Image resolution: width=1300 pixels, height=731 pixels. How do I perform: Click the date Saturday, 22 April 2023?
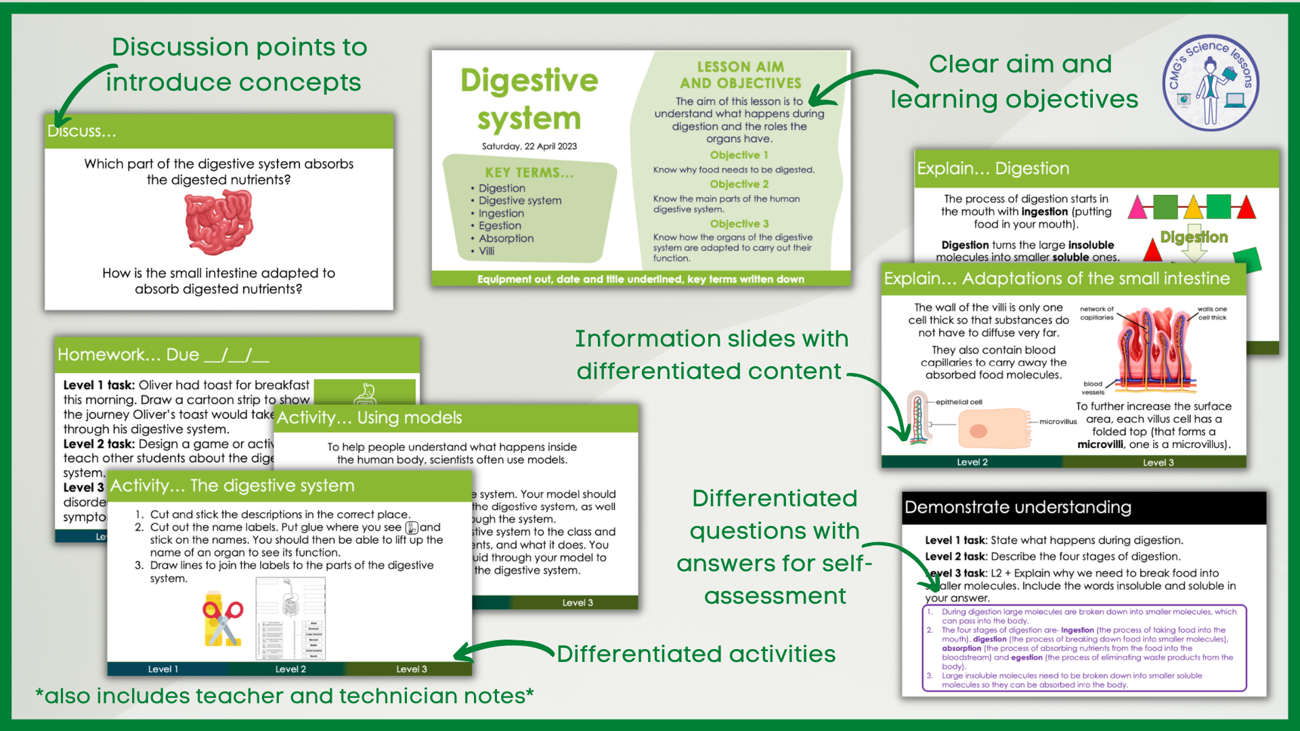(x=529, y=146)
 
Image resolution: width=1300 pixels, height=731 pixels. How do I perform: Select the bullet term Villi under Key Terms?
(x=486, y=251)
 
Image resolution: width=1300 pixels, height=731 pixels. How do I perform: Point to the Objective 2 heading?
(x=739, y=184)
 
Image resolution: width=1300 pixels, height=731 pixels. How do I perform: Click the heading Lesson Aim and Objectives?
(x=740, y=75)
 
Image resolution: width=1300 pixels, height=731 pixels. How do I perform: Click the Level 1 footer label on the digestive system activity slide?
(x=163, y=669)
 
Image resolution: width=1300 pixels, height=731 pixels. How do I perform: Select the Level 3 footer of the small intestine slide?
(x=1158, y=462)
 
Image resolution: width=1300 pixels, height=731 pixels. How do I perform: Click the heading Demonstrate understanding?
(x=1018, y=508)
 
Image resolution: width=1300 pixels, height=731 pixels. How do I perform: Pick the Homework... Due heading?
(x=163, y=355)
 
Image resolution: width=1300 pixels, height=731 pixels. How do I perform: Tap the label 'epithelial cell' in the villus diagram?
(x=959, y=402)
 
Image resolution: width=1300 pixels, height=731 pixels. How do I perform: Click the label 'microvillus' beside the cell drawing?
(x=1058, y=422)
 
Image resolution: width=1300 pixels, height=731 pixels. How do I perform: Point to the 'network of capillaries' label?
(x=1096, y=313)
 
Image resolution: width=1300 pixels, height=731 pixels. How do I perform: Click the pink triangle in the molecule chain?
(x=1137, y=208)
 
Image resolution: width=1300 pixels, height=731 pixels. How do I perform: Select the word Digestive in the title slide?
(x=529, y=81)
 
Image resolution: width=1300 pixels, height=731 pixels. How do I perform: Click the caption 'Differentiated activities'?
(x=696, y=654)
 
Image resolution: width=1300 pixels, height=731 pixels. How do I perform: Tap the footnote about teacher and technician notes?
(x=284, y=696)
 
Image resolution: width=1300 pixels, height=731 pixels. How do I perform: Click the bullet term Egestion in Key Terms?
(x=500, y=225)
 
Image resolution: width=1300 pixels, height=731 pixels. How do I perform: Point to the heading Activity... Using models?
(x=369, y=418)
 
